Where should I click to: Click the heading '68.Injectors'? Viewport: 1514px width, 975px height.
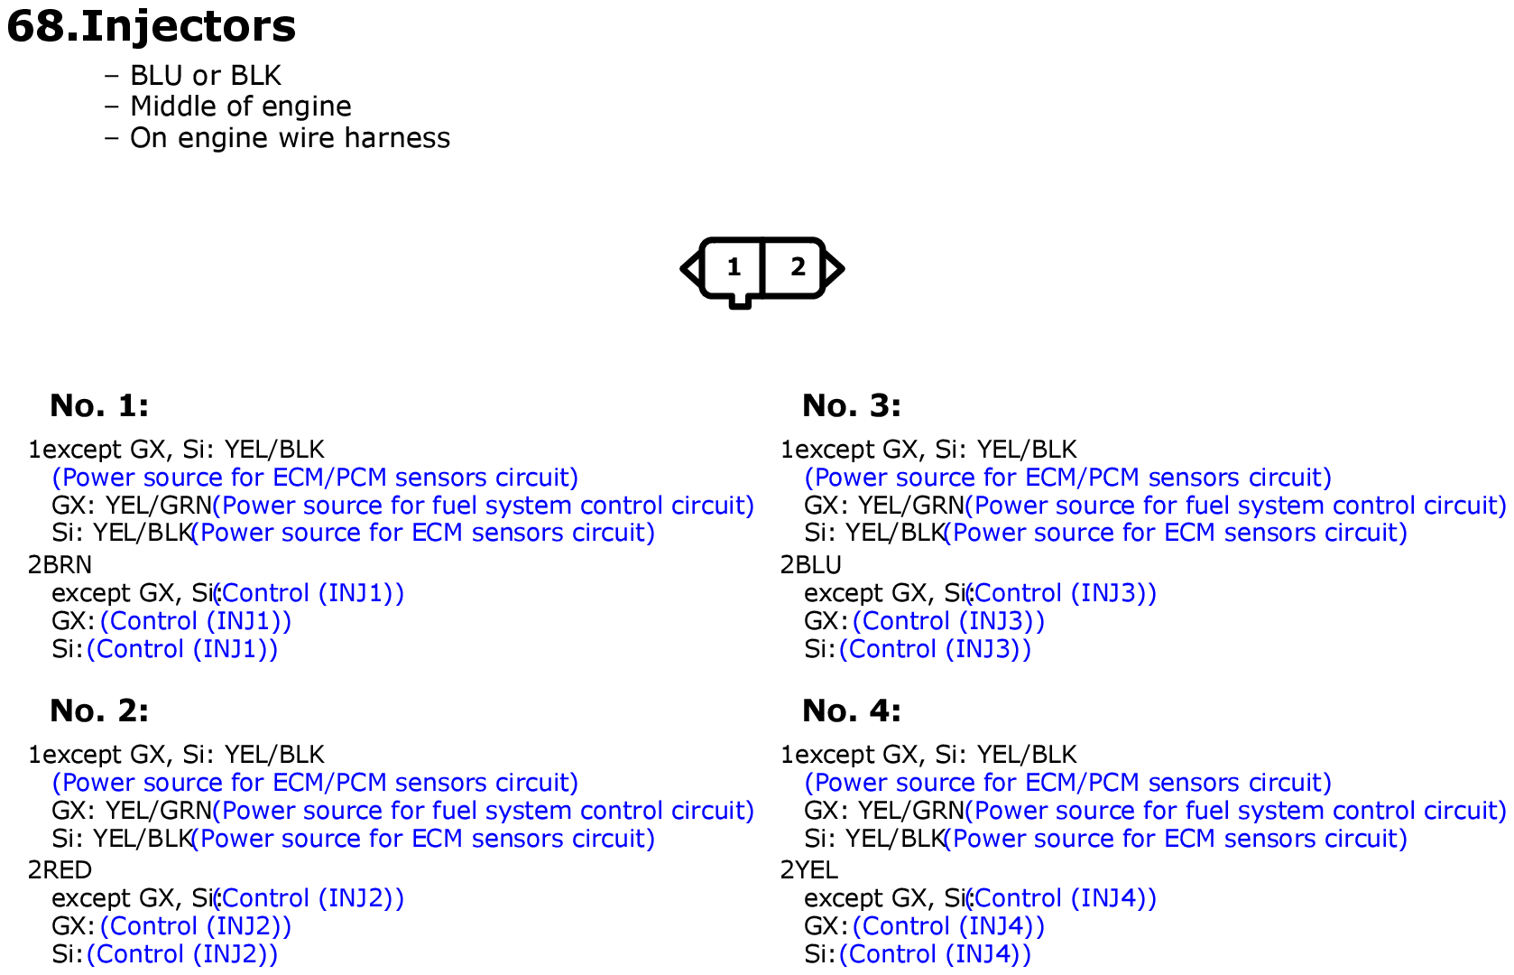click(x=152, y=27)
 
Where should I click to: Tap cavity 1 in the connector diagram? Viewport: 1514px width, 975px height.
click(x=734, y=268)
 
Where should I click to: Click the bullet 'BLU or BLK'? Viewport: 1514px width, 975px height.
click(x=205, y=76)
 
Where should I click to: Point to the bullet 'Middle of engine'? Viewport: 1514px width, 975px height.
click(x=240, y=107)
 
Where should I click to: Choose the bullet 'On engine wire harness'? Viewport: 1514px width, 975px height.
click(x=290, y=138)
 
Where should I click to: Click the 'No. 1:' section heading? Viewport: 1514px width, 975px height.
click(x=99, y=405)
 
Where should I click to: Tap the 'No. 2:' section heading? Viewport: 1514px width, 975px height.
click(x=99, y=710)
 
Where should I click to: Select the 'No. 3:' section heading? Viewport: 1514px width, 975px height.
click(x=852, y=405)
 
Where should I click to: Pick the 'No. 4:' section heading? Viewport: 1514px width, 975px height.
click(x=852, y=710)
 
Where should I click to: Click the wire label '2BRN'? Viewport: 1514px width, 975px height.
click(x=60, y=564)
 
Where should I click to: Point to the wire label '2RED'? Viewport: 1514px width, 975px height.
click(x=60, y=869)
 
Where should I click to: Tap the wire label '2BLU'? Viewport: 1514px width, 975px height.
click(x=811, y=564)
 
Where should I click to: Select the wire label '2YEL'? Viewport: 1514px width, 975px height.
click(x=809, y=869)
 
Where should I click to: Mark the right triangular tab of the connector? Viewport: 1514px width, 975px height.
click(x=834, y=269)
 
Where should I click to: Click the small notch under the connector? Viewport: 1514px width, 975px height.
click(x=740, y=302)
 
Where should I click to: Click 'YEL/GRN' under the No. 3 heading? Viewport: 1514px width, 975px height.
click(x=910, y=506)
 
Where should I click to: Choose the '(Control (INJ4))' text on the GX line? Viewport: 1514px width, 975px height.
click(x=948, y=926)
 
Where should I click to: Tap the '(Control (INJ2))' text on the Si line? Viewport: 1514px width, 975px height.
click(x=182, y=954)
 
